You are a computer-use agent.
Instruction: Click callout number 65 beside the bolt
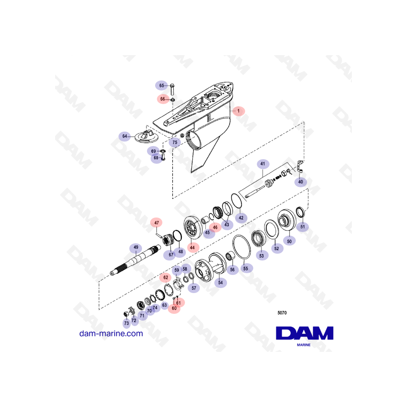click(161, 85)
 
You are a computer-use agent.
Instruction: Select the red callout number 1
click(238, 111)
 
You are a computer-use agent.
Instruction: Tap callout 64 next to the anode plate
click(125, 136)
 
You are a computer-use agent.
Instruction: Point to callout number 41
click(263, 164)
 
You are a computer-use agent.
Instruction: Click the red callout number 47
click(156, 222)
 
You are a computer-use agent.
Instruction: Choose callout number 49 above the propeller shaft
click(136, 247)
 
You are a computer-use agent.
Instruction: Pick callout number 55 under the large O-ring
click(246, 269)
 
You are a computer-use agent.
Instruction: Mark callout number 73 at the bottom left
click(127, 323)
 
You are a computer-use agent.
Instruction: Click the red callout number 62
click(166, 278)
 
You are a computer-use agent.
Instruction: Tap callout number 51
click(303, 227)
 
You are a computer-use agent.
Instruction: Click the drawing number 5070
click(282, 313)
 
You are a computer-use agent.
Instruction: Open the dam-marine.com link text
click(111, 333)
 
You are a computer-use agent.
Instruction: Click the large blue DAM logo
click(304, 333)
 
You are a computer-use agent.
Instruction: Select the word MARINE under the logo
click(304, 345)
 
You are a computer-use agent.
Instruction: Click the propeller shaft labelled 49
click(135, 260)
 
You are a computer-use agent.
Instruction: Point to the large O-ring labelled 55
click(241, 247)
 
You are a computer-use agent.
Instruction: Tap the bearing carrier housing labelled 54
click(211, 267)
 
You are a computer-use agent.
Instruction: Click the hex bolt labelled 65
click(172, 89)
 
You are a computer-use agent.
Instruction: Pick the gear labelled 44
click(193, 227)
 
